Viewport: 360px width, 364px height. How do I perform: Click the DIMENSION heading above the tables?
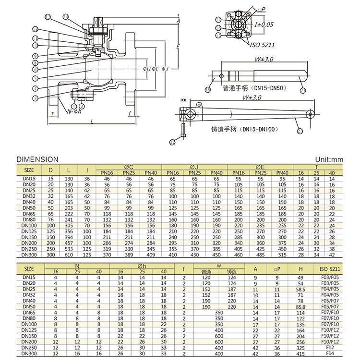point(37,159)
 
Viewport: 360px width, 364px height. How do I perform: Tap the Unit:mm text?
point(329,159)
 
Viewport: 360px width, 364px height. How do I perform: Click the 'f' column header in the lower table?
point(183,268)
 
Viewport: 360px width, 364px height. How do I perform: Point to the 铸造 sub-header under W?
point(232,272)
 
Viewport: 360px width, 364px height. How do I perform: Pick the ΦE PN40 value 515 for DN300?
point(283,255)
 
